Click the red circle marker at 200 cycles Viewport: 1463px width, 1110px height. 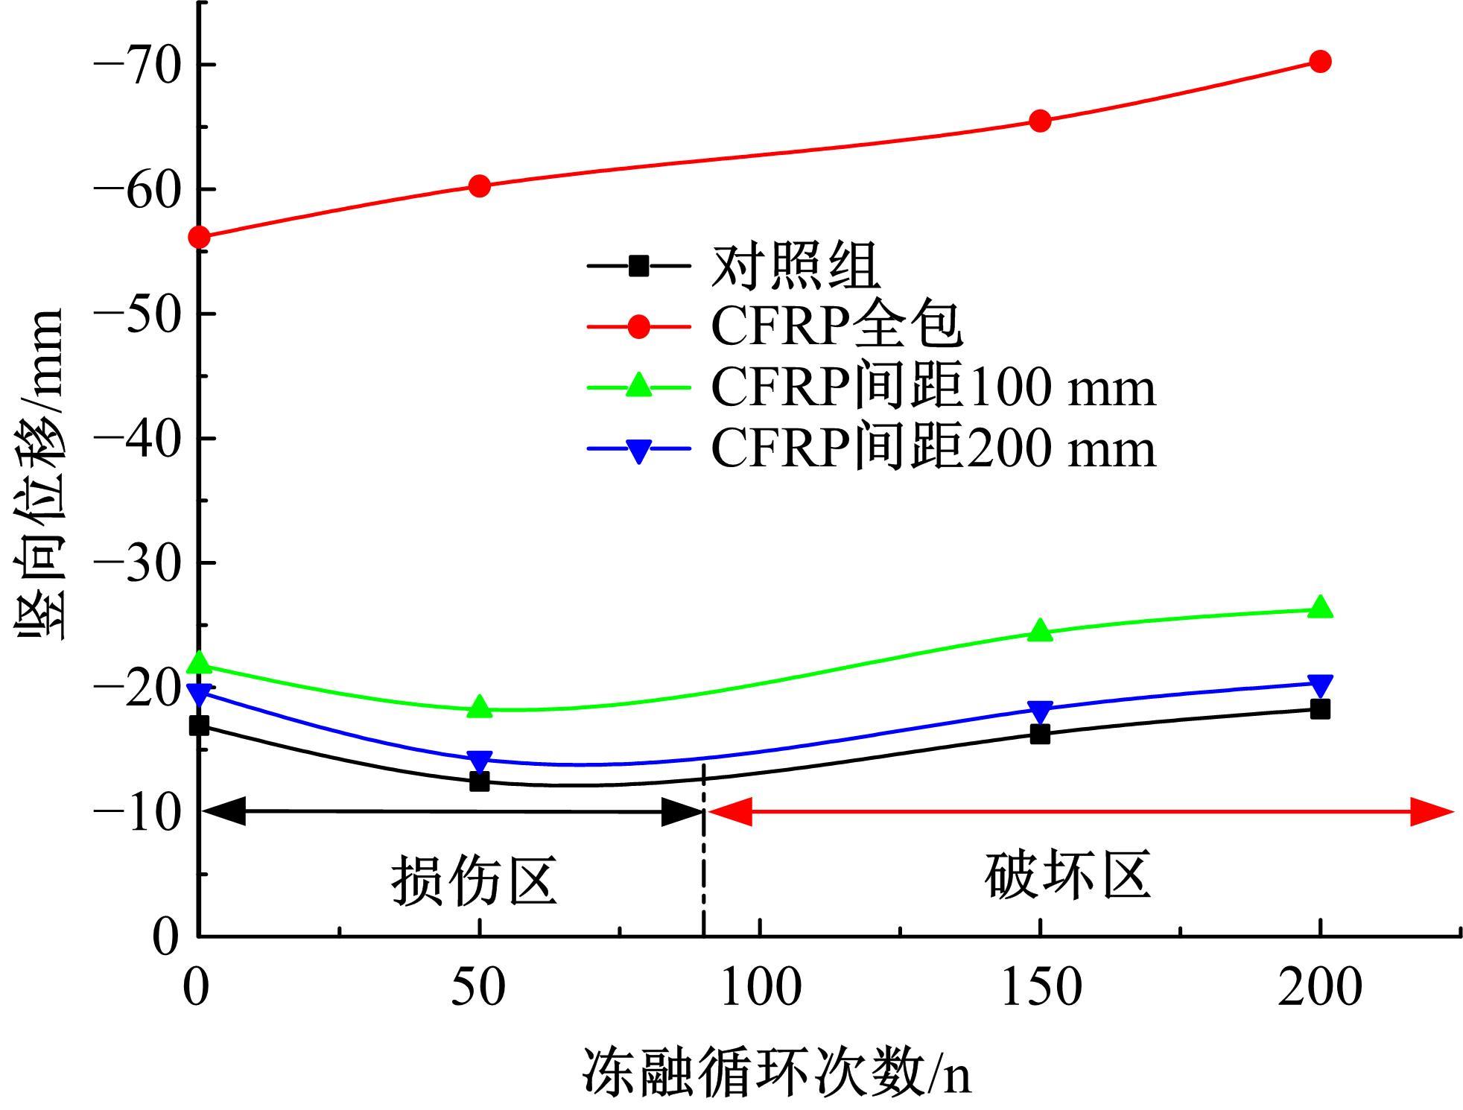click(1319, 62)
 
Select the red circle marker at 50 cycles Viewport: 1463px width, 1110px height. click(480, 186)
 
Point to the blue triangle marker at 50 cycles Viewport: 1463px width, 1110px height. click(480, 761)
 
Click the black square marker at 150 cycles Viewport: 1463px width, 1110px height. click(1040, 735)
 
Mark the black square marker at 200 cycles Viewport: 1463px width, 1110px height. click(1319, 709)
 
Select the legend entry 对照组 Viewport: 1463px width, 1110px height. click(796, 266)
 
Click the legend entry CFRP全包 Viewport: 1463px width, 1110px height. click(837, 326)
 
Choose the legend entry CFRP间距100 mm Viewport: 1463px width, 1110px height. click(933, 387)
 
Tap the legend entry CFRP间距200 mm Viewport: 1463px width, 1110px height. click(933, 448)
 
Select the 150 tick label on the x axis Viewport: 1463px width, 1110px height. click(1040, 988)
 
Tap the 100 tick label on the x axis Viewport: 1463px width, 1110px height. click(761, 988)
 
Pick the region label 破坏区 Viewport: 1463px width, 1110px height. click(1067, 875)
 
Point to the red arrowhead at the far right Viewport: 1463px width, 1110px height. click(1433, 811)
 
